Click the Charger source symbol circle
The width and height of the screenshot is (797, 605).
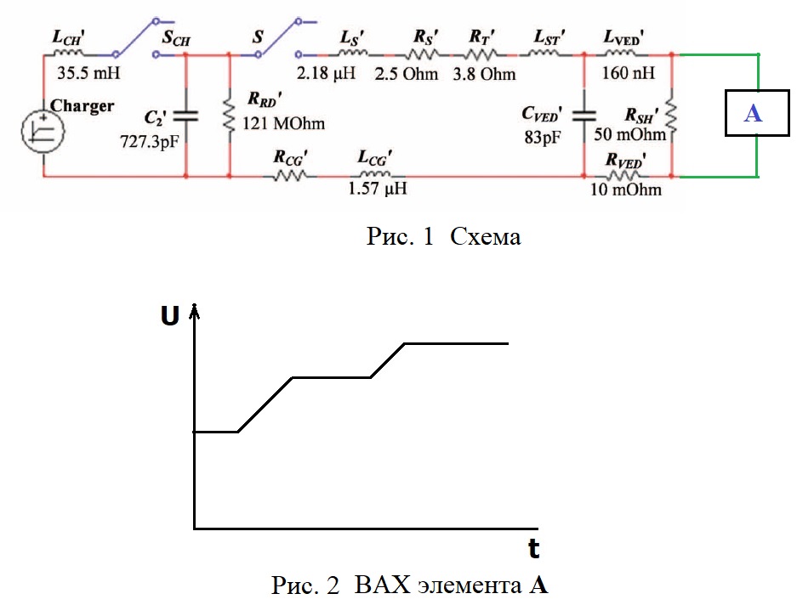point(43,132)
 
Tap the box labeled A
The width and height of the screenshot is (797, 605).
point(757,113)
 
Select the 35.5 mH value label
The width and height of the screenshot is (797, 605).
point(88,72)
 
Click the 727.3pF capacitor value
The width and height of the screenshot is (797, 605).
point(150,141)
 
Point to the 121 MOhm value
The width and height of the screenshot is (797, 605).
point(283,123)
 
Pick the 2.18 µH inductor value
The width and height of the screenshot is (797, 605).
point(326,73)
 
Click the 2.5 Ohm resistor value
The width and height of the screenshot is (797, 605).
point(406,74)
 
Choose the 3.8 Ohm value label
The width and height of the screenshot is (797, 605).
point(484,74)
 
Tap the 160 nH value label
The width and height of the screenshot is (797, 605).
point(629,72)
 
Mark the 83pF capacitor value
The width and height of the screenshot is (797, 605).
point(543,137)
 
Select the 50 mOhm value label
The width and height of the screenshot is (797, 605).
point(629,134)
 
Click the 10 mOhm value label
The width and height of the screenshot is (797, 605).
point(626,189)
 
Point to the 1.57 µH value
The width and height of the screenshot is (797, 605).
point(377,189)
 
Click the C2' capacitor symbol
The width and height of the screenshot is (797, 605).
point(185,116)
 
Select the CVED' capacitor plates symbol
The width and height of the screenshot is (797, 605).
point(584,116)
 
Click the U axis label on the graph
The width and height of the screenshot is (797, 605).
point(170,315)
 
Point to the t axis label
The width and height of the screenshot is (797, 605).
point(533,549)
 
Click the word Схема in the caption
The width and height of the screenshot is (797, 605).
point(486,236)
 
